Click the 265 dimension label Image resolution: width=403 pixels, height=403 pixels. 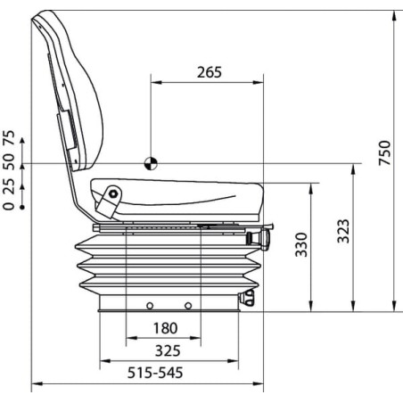210,72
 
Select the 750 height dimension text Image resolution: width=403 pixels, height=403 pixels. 384,152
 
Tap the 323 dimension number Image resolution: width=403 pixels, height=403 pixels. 343,231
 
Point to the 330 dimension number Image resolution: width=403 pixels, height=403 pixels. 301,244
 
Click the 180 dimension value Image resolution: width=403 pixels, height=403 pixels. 165,328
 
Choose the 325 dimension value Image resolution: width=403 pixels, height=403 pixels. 168,351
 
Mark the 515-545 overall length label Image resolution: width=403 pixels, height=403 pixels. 155,373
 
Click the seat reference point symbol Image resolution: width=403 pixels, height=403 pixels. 151,163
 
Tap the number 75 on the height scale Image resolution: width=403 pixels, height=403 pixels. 9,137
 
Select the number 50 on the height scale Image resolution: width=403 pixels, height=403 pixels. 9,162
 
